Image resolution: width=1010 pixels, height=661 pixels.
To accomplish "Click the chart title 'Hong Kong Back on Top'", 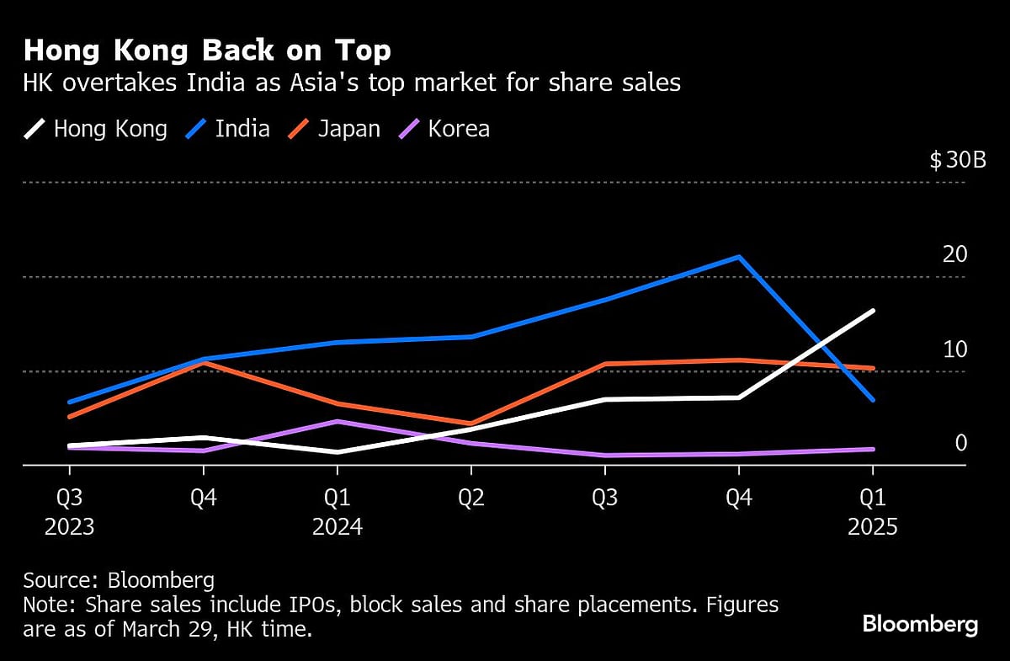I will click(207, 51).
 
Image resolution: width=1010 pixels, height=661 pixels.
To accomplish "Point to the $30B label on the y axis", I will click(958, 161).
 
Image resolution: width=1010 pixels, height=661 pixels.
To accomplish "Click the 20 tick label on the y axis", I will click(956, 254).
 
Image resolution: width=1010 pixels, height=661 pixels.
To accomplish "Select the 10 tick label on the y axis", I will click(956, 349).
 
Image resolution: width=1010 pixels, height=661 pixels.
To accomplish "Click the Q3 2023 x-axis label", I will click(69, 512).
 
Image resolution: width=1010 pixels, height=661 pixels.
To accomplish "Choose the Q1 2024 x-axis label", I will click(337, 512).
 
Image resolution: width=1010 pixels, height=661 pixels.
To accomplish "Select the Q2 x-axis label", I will click(470, 498).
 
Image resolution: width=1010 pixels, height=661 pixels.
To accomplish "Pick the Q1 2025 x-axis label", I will click(873, 512).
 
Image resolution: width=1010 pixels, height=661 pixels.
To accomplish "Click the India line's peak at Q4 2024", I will click(738, 257).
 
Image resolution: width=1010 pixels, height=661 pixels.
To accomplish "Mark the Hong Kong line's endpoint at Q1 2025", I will click(873, 311).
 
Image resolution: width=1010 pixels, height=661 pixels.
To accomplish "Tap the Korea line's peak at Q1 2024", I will click(337, 421).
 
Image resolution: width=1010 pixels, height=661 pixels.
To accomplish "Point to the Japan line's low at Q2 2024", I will click(470, 424).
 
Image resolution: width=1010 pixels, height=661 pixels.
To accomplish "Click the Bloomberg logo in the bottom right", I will click(920, 624).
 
